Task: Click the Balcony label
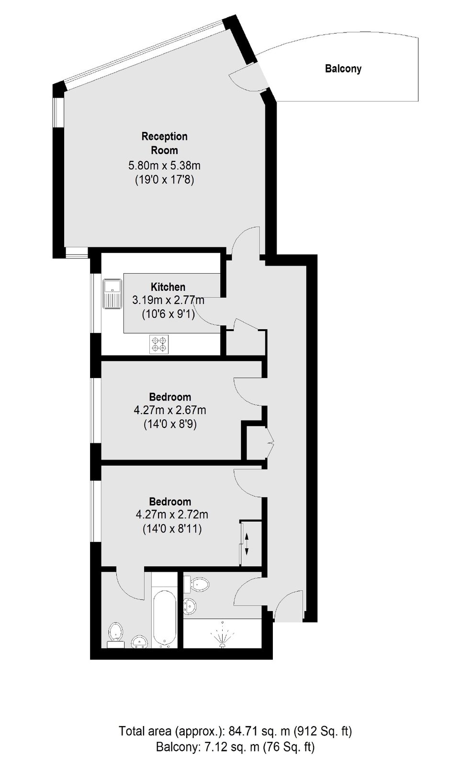click(x=343, y=69)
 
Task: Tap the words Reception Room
click(x=165, y=143)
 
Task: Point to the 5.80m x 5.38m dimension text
click(x=164, y=166)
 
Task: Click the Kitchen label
click(x=168, y=287)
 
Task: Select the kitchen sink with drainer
click(x=112, y=294)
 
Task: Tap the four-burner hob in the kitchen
click(x=159, y=344)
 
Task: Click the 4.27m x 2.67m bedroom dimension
click(x=169, y=410)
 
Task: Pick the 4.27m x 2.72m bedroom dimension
click(x=172, y=515)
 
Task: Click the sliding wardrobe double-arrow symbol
click(x=247, y=543)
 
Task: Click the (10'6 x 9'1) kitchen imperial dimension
click(x=169, y=314)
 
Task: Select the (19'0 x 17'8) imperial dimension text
click(x=165, y=180)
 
